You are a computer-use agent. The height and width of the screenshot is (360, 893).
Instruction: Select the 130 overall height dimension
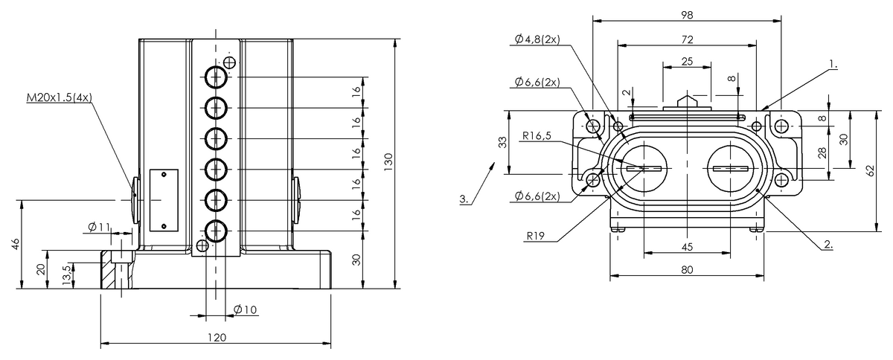coord(387,161)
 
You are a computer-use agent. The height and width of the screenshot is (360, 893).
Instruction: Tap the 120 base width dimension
coord(216,337)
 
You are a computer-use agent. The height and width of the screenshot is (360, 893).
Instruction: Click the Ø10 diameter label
coord(245,309)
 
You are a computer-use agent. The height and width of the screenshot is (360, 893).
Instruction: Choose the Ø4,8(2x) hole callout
coord(537,39)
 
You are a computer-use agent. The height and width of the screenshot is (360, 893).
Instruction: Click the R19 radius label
coord(537,237)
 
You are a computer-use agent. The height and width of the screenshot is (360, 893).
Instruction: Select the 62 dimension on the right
coord(870,170)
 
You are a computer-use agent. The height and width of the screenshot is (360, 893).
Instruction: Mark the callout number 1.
coord(833,65)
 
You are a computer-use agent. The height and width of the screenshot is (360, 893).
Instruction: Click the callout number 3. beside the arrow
coord(464,199)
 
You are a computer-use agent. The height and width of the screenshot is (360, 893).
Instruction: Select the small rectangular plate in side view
coord(164,199)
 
